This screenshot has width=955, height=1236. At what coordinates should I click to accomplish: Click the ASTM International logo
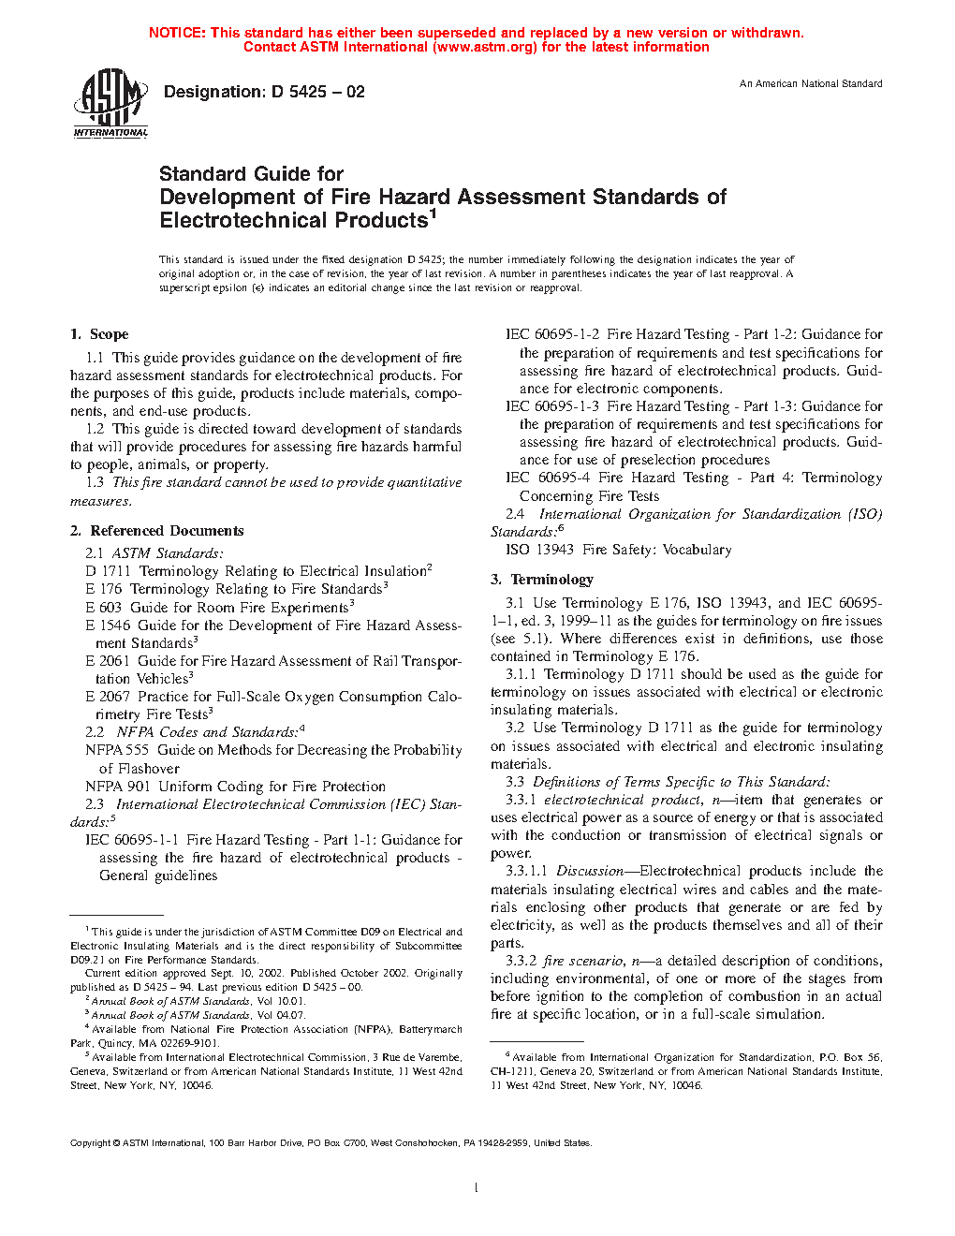(110, 103)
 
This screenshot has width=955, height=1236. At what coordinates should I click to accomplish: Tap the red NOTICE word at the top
(177, 33)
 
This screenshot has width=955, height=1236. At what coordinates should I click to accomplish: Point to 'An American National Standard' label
(810, 84)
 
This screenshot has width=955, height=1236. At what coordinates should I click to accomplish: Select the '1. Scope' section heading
(99, 334)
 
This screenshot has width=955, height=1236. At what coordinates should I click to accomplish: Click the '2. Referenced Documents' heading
(156, 531)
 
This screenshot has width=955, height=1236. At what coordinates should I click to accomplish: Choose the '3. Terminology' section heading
(542, 580)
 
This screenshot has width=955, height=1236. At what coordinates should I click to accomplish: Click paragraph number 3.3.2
(521, 961)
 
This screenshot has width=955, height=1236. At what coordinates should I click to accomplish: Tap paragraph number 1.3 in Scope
(95, 482)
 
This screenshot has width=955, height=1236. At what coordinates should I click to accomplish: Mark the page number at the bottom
(477, 1188)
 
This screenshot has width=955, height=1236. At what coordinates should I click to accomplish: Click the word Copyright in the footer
(91, 1142)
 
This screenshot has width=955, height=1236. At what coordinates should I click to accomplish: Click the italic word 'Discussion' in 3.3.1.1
(590, 871)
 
